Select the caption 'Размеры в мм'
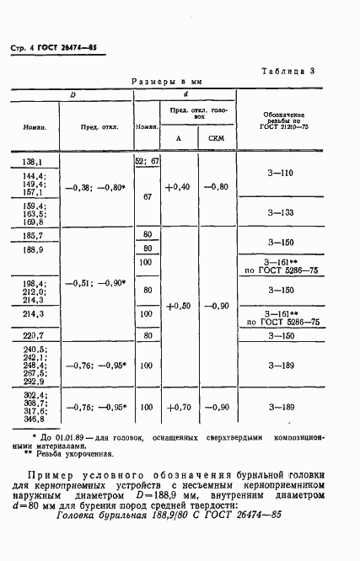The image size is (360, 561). click(x=168, y=83)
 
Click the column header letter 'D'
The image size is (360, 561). click(x=73, y=94)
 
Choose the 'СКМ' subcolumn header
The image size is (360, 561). click(x=216, y=137)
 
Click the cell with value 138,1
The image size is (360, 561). click(x=34, y=161)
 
